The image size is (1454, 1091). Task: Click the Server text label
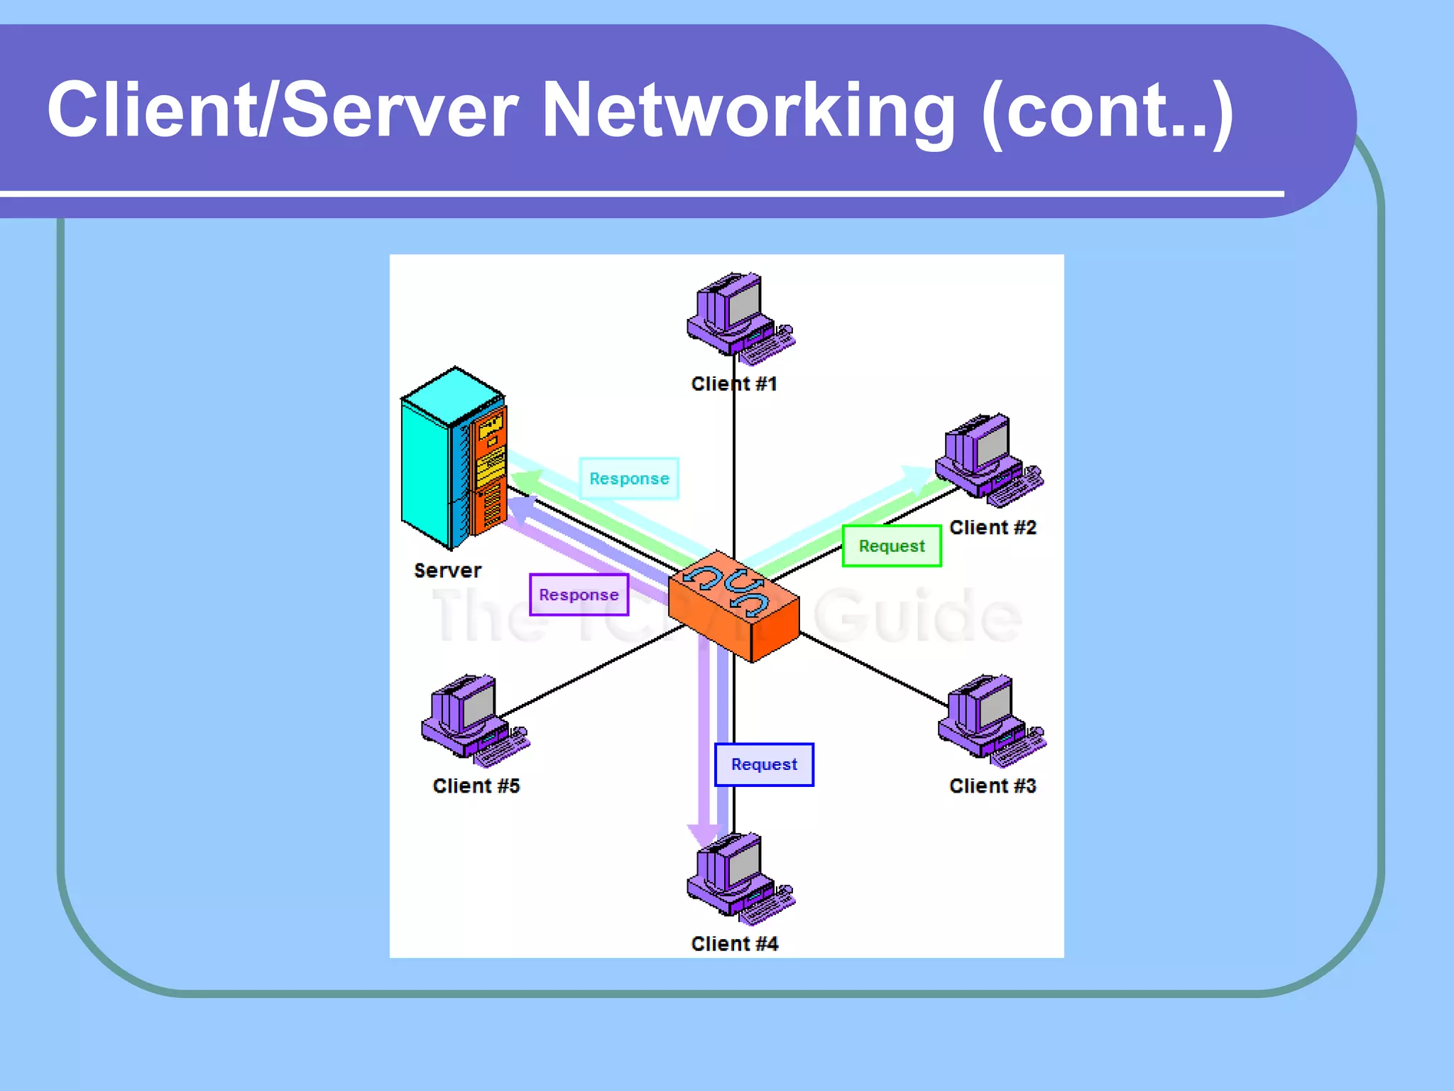(447, 570)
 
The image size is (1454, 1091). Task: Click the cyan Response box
(629, 479)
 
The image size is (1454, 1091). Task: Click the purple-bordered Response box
(579, 595)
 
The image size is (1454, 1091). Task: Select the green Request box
(892, 545)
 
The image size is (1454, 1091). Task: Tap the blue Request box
(764, 764)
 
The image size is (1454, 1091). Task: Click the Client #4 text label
(735, 943)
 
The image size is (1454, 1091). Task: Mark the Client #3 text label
(993, 786)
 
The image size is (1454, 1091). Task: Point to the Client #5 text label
(476, 786)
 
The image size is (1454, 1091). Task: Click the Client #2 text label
(993, 527)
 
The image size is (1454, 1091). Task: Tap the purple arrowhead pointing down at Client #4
(704, 835)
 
